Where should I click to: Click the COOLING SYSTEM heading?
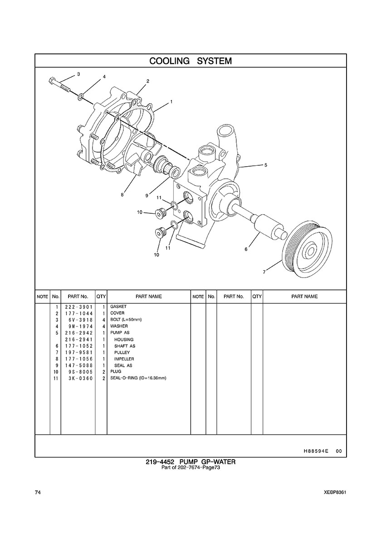190,61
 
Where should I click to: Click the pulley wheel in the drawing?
306,249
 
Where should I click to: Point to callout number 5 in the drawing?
266,165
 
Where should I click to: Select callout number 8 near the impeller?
122,195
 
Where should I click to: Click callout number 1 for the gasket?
171,102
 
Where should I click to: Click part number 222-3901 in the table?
78,307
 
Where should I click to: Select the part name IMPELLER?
124,359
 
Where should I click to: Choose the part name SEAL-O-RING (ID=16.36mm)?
138,379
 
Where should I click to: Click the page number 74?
38,493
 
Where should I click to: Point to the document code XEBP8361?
335,493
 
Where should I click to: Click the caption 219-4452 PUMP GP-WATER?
190,462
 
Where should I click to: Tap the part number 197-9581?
78,352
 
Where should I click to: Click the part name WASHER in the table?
119,327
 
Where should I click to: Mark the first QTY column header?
101,297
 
